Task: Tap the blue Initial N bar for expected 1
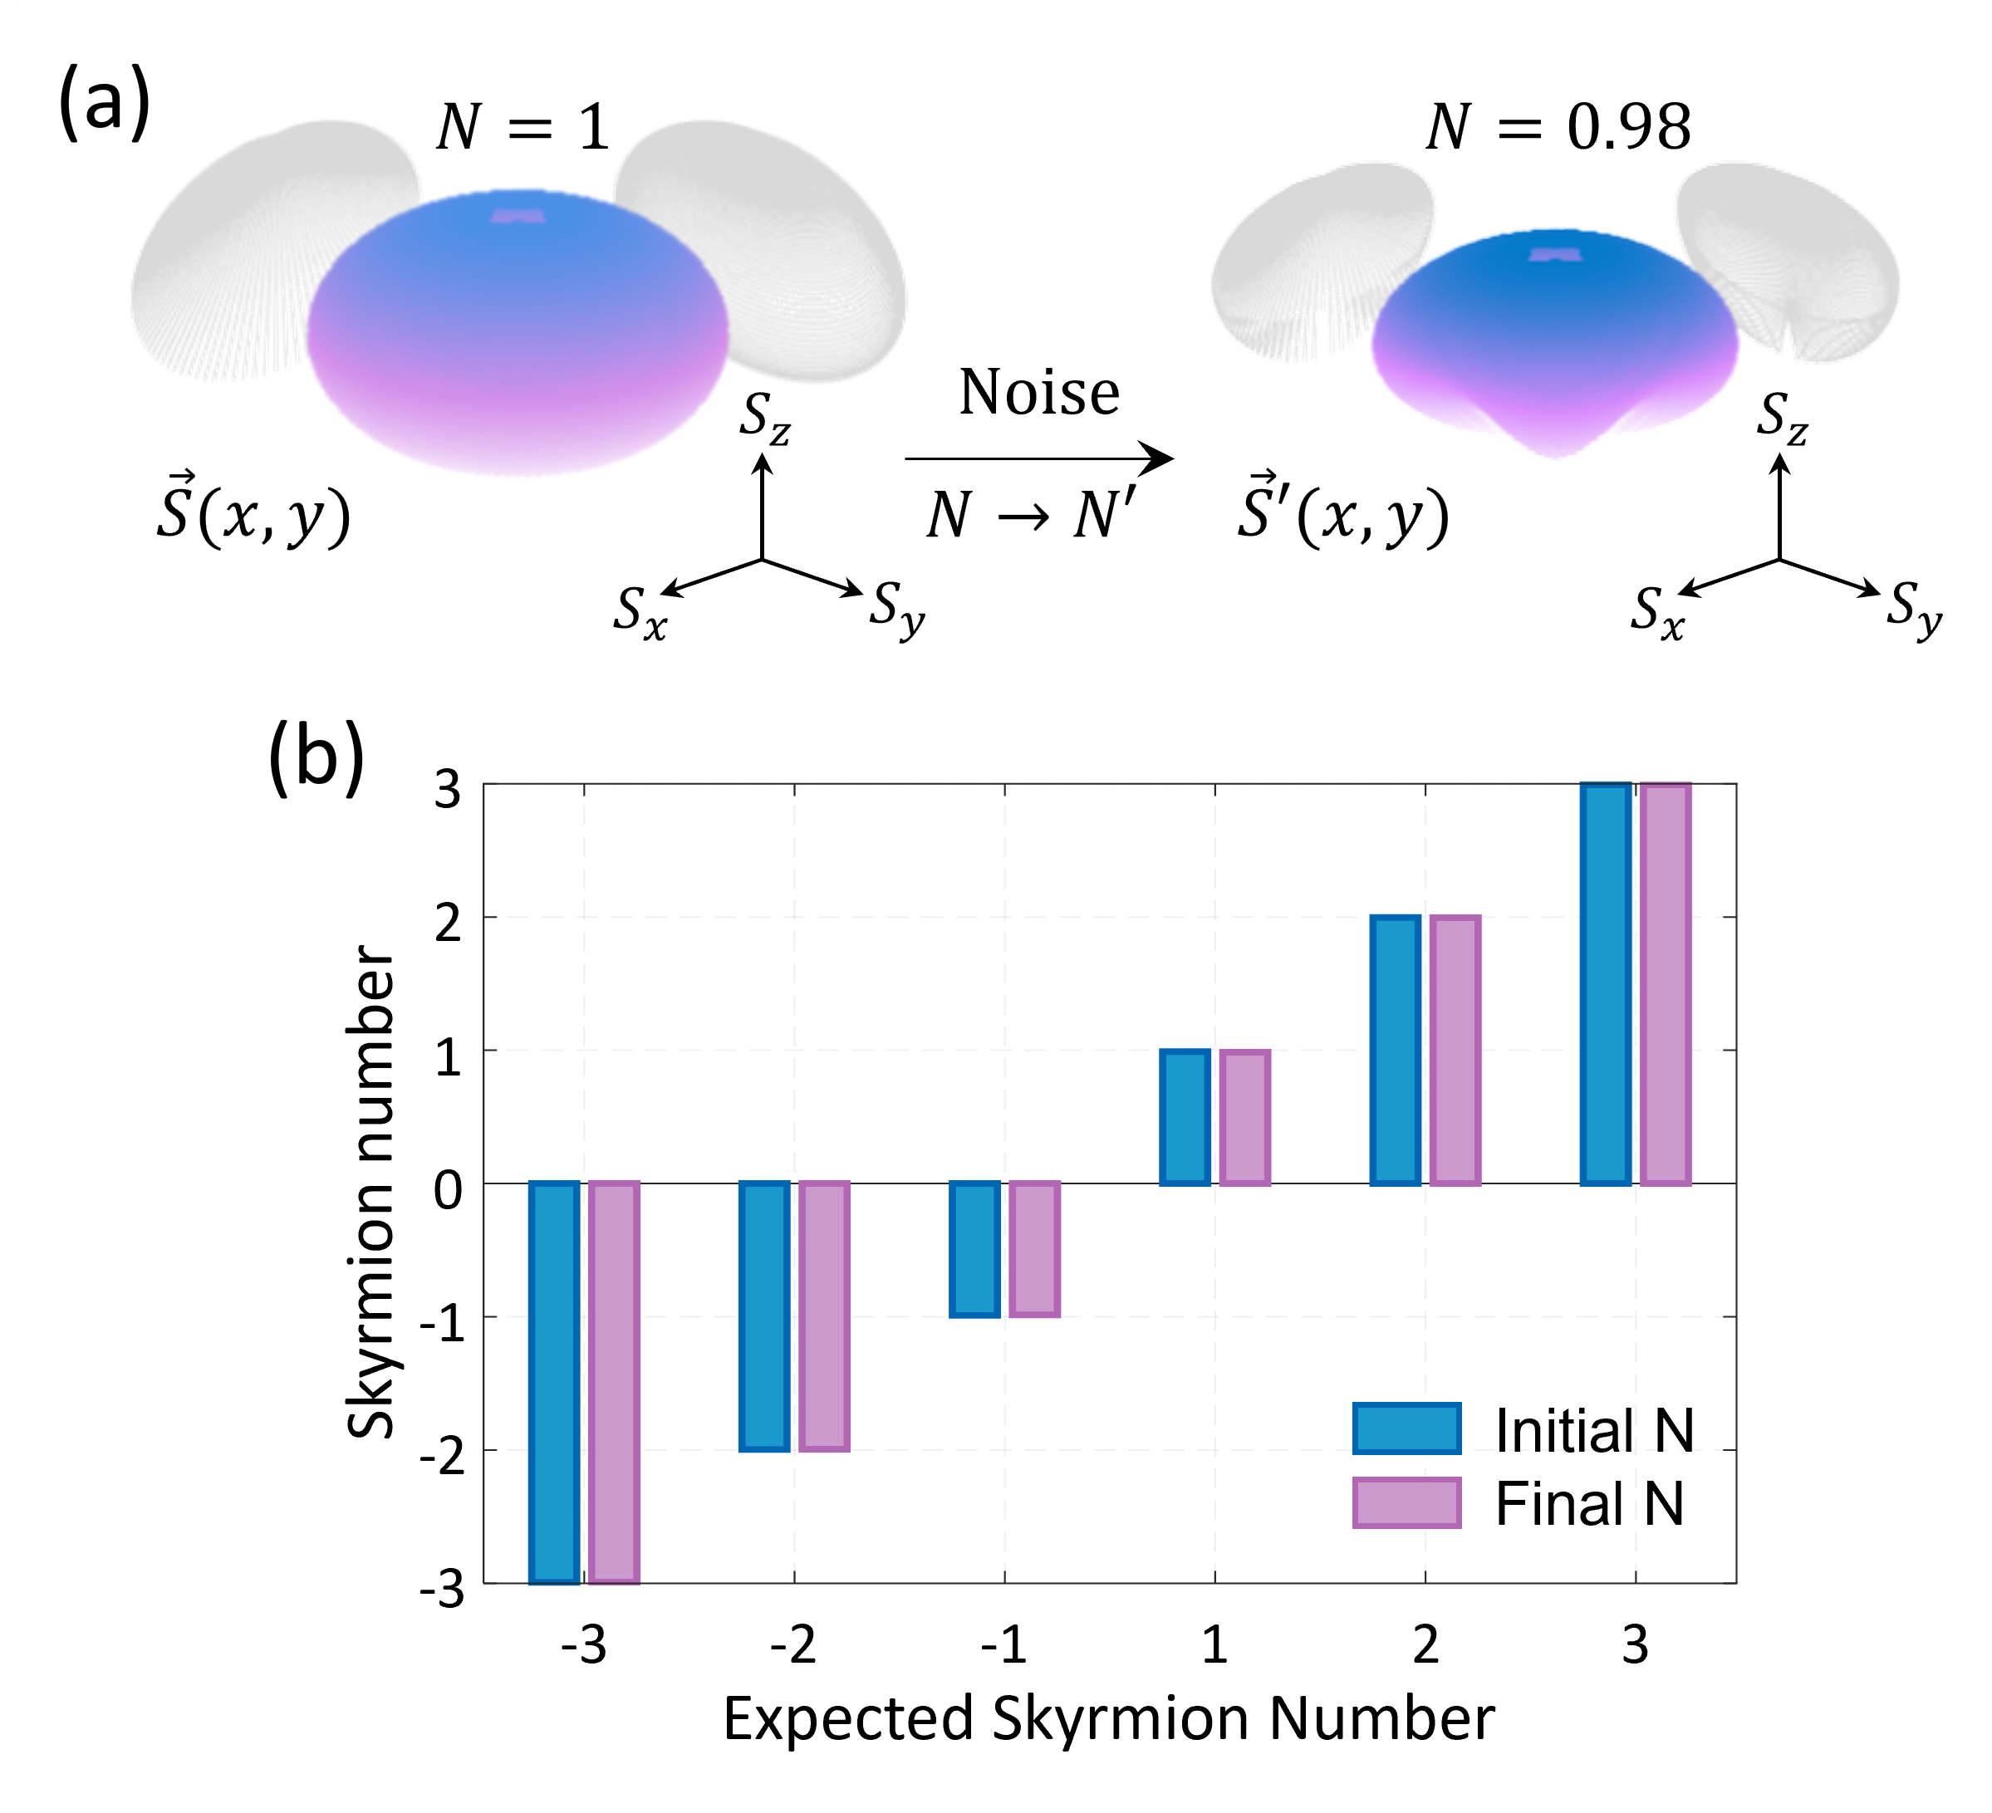1185,1116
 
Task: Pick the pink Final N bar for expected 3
1665,983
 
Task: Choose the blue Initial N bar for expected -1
974,1249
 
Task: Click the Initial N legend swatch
1406,1428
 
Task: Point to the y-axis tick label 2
448,923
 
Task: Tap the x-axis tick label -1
1004,1645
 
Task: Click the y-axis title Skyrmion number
371,1191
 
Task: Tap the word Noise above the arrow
1039,392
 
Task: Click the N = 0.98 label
1558,127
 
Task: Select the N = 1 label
523,127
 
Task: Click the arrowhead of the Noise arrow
1158,458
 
